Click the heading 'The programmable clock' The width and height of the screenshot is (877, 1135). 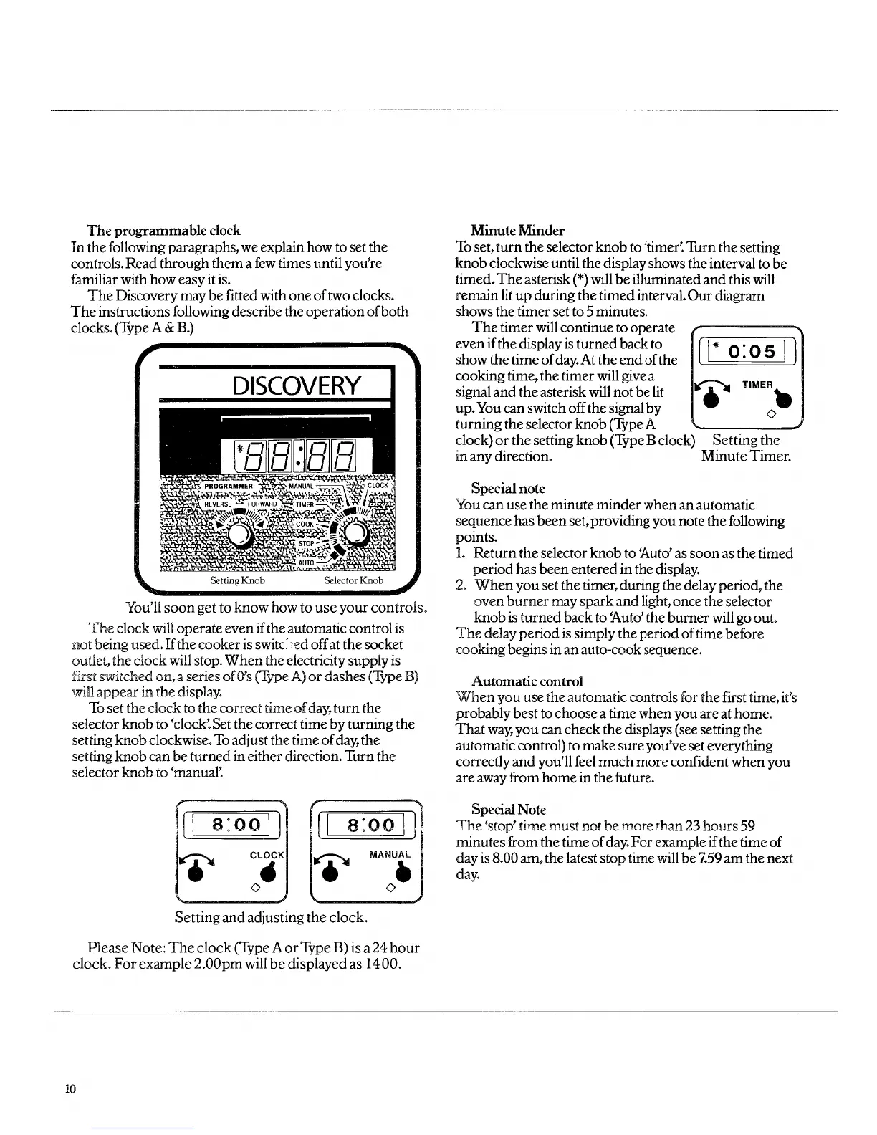(163, 231)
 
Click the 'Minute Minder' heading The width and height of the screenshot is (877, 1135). (517, 231)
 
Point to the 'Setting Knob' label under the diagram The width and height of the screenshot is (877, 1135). (238, 580)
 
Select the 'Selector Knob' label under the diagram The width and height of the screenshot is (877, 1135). (353, 580)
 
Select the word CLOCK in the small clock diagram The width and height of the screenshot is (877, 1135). (267, 855)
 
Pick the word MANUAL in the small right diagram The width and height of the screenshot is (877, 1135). (390, 855)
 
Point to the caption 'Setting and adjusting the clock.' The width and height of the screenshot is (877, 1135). (272, 917)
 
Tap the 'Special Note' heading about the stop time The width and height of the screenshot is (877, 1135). (509, 810)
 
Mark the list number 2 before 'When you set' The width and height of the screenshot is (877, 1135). (461, 585)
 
